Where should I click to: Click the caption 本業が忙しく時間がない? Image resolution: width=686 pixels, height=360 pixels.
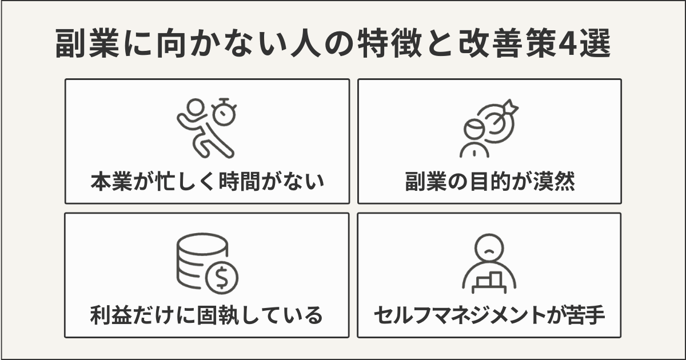click(x=207, y=182)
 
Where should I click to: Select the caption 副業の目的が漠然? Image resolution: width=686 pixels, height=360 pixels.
click(x=489, y=182)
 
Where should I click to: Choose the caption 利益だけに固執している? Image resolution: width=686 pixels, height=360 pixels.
click(x=207, y=315)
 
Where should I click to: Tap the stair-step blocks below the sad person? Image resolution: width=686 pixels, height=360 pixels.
click(x=489, y=281)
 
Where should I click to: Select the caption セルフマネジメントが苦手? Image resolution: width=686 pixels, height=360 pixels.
click(x=489, y=315)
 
